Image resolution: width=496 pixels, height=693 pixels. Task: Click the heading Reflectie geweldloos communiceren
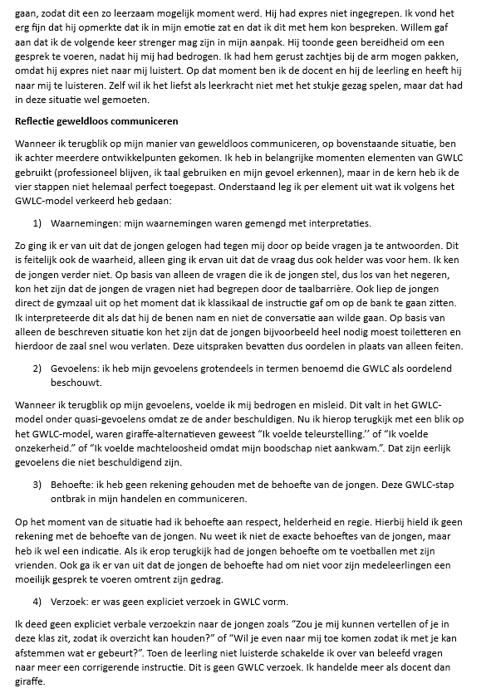pyautogui.click(x=96, y=121)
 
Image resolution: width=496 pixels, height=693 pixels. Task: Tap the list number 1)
pyautogui.click(x=37, y=223)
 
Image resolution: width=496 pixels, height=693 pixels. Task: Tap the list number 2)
pyautogui.click(x=37, y=368)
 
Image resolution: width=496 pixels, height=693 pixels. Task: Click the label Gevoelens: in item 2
pyautogui.click(x=71, y=368)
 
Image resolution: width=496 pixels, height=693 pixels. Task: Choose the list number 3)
pyautogui.click(x=37, y=484)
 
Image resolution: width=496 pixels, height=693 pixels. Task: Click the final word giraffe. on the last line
pyautogui.click(x=30, y=682)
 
